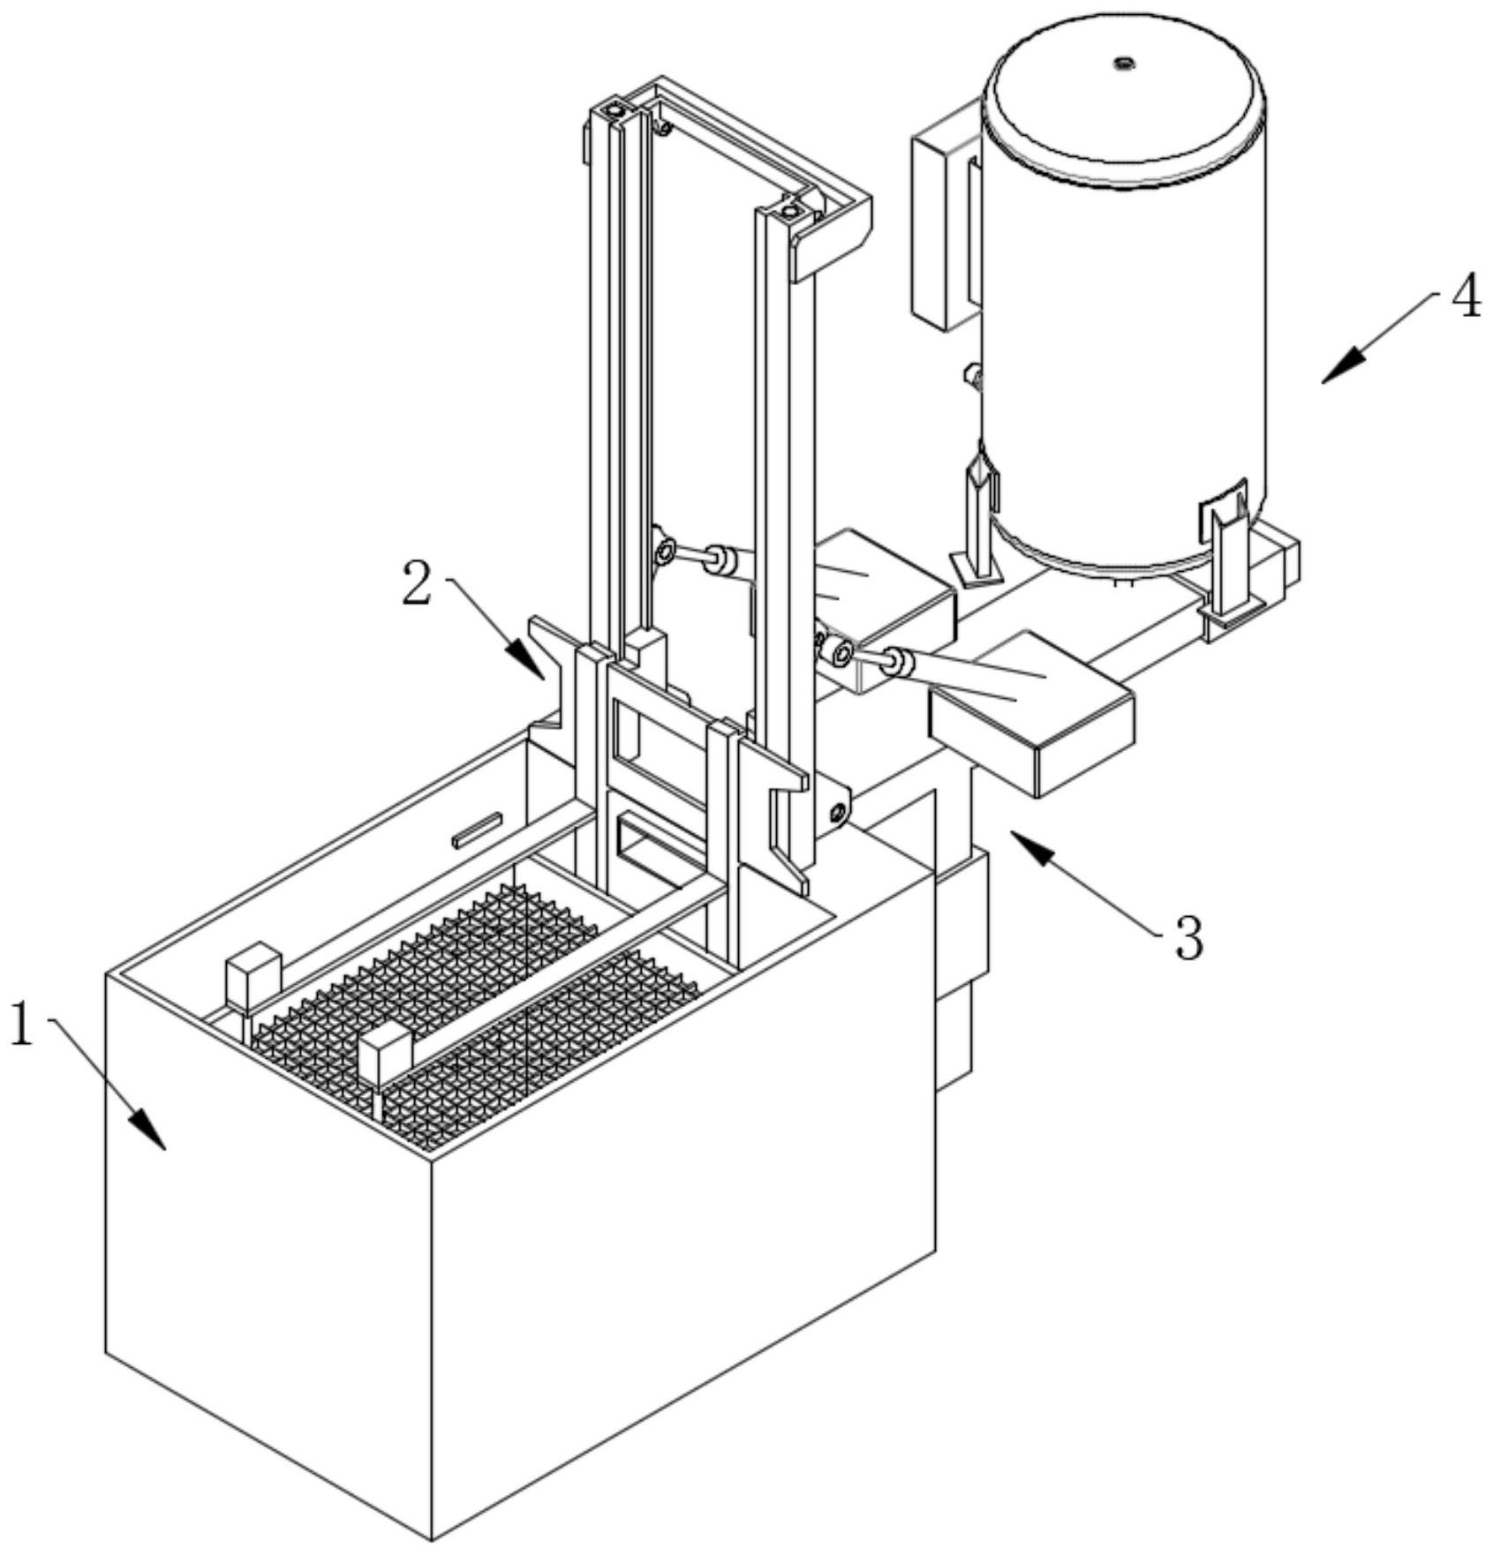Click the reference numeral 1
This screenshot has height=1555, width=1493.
[x=21, y=1024]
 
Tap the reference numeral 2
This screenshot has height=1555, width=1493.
[x=417, y=584]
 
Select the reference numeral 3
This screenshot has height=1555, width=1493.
[x=1188, y=938]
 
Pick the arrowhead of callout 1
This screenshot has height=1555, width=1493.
[x=148, y=1129]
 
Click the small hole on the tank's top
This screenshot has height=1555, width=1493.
[x=1123, y=63]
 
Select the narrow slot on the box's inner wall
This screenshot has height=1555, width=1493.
[x=478, y=830]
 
